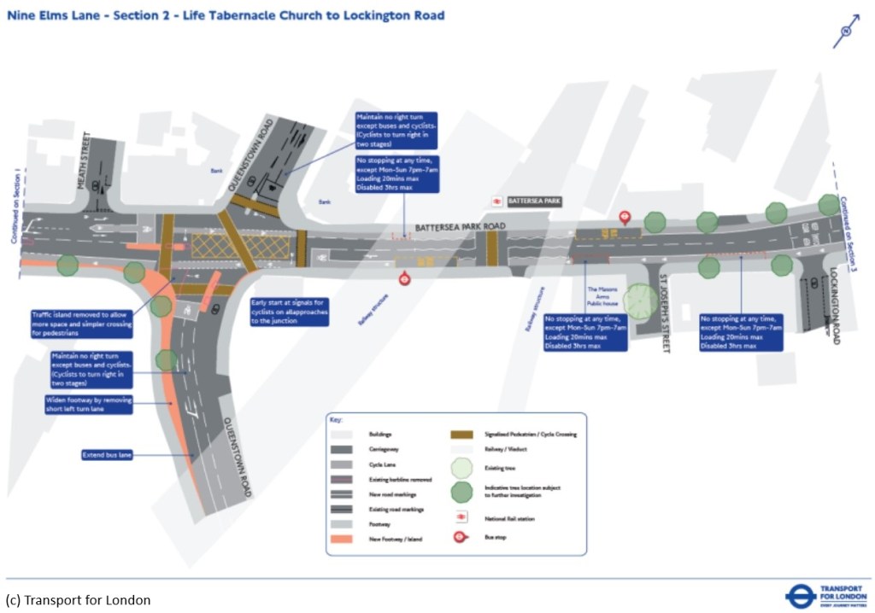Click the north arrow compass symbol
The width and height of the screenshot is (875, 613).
[846, 31]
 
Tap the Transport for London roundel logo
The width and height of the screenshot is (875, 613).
[801, 595]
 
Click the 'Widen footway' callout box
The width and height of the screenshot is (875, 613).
[89, 405]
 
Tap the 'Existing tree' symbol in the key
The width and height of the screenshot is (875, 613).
[461, 469]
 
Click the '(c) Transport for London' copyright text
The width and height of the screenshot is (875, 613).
[78, 600]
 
